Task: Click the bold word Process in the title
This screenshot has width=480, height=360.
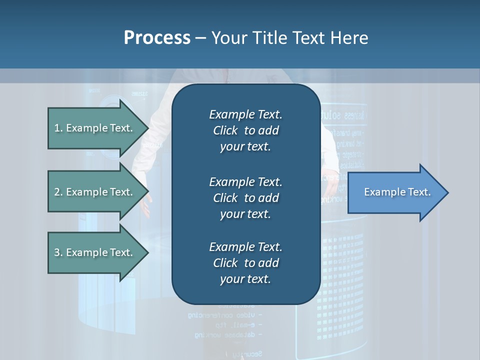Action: coord(157,38)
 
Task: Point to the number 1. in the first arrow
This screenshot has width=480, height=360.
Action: coord(58,128)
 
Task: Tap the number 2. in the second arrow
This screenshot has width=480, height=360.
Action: coord(58,192)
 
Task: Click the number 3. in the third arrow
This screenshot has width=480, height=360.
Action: coord(58,252)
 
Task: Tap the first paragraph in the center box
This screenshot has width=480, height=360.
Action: coord(245,130)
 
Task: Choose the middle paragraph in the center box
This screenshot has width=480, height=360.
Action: coord(245,197)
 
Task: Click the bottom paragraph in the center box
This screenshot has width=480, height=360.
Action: coord(245,263)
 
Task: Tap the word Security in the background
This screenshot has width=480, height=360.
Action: coord(247,354)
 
